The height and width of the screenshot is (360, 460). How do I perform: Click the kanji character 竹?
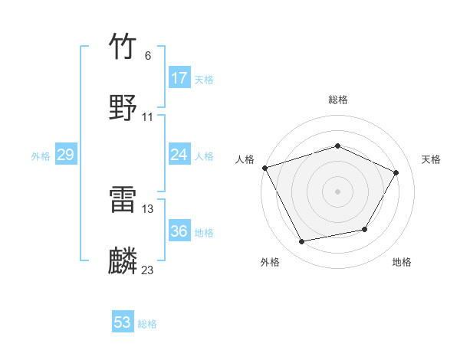[x=123, y=47]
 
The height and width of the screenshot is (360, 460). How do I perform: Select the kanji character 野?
[x=123, y=106]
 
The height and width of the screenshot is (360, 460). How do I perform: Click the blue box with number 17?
[x=179, y=78]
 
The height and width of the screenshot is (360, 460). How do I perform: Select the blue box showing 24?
[x=179, y=155]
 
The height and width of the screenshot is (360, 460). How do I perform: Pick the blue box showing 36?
[x=179, y=231]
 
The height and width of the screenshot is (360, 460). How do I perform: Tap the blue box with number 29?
[x=66, y=155]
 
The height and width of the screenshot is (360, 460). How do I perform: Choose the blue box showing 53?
[x=123, y=322]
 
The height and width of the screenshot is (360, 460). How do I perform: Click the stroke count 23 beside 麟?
[x=148, y=270]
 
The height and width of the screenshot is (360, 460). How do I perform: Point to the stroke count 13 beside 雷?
[x=148, y=208]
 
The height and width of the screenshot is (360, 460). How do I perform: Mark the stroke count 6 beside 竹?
[x=147, y=56]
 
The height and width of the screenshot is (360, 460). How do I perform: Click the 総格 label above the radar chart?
[x=337, y=100]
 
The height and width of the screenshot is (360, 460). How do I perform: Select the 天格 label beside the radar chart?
[x=431, y=159]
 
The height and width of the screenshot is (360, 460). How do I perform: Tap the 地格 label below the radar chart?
[x=402, y=263]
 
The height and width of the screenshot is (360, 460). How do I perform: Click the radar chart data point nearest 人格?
[x=264, y=168]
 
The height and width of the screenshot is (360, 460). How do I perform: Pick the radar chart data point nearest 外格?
[x=302, y=242]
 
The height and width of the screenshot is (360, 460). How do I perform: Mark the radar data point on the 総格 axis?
[x=337, y=146]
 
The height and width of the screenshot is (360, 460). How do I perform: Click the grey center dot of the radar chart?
[x=337, y=191]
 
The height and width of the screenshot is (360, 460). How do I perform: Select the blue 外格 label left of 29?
[x=41, y=156]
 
